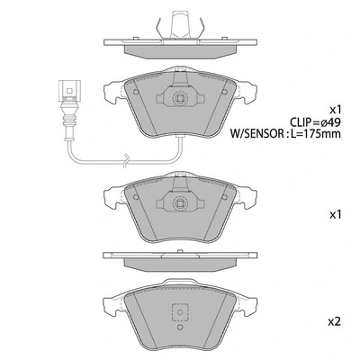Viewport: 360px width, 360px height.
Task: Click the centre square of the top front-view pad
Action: (179, 101)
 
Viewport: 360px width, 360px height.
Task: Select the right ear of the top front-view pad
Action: (246, 91)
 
